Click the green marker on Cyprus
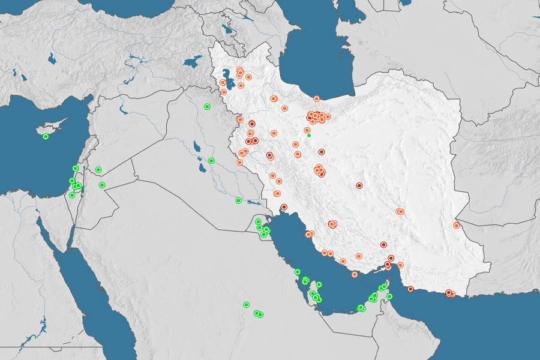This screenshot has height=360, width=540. [x=46, y=137]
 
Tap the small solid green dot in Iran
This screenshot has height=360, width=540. [x=309, y=136]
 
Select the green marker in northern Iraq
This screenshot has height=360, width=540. [x=207, y=107]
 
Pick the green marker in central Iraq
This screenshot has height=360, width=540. [x=211, y=161]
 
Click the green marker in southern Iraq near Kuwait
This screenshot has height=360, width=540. [x=238, y=200]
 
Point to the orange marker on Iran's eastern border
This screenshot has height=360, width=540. [x=457, y=226]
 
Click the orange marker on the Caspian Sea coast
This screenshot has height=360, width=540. [x=317, y=98]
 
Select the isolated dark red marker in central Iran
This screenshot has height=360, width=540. [x=359, y=185]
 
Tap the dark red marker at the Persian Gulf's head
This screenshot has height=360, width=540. [x=284, y=207]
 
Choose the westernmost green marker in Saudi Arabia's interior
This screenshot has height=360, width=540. [x=247, y=305]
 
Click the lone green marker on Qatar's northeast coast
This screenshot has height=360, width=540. [x=319, y=284]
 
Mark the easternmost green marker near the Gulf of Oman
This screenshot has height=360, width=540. [x=389, y=296]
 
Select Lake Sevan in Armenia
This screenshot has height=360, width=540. [x=227, y=28]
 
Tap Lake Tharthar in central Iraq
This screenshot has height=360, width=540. [x=197, y=146]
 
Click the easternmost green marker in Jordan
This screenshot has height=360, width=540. [x=103, y=185]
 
